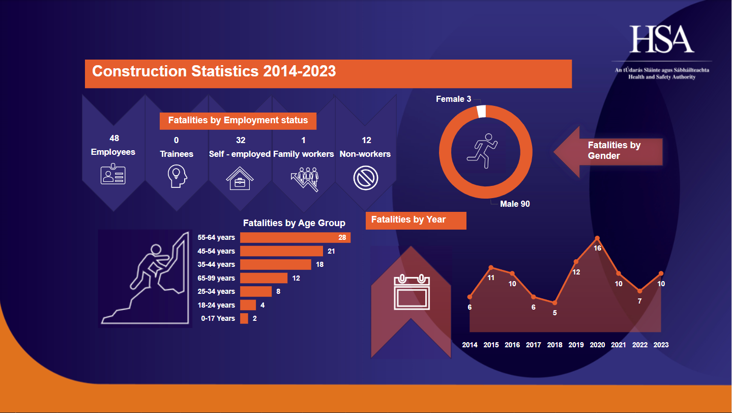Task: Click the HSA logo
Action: tap(661, 39)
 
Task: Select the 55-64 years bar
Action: tap(295, 237)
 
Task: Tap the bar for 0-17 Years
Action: tap(244, 318)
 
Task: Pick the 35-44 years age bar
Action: tap(275, 264)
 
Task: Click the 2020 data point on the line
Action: tap(597, 238)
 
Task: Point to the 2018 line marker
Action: tap(555, 303)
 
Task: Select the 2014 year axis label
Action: tap(470, 345)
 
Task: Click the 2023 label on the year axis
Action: tap(661, 345)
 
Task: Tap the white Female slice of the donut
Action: tap(481, 111)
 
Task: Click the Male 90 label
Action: tap(515, 204)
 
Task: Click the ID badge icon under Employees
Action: tap(112, 175)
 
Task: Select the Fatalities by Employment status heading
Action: tap(238, 121)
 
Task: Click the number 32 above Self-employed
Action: tap(241, 140)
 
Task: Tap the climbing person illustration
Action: tap(145, 278)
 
